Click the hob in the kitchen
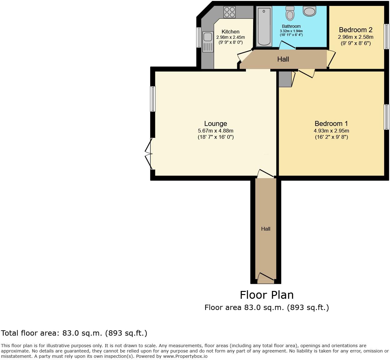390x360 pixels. click(x=229, y=12)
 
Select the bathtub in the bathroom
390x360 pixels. click(x=264, y=26)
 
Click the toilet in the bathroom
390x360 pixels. click(x=290, y=13)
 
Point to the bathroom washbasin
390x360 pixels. click(x=309, y=12)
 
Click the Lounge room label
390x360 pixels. click(x=215, y=123)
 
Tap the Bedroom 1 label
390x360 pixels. click(x=331, y=123)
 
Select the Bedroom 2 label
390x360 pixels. click(x=355, y=30)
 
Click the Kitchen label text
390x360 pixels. click(x=230, y=32)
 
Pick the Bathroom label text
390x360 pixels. click(x=291, y=26)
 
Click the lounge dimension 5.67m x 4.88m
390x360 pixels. click(x=215, y=131)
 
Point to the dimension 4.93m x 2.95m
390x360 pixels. click(x=331, y=131)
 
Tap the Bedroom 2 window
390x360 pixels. click(x=386, y=37)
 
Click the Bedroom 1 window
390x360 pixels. click(x=386, y=117)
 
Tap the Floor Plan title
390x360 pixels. click(x=267, y=295)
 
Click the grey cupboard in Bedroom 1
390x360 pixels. click(x=285, y=79)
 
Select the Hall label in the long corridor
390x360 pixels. click(x=266, y=229)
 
